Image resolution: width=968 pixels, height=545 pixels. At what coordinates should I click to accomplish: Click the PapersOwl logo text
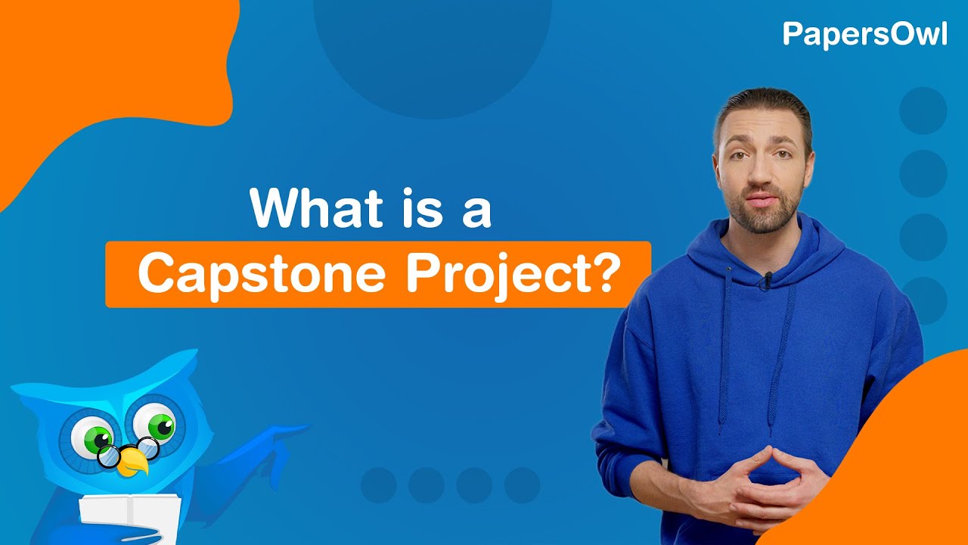[x=864, y=34]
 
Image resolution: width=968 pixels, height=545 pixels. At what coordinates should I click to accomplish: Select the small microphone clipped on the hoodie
[x=767, y=281]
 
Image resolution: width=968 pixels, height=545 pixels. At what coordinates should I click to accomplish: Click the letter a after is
[x=476, y=211]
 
